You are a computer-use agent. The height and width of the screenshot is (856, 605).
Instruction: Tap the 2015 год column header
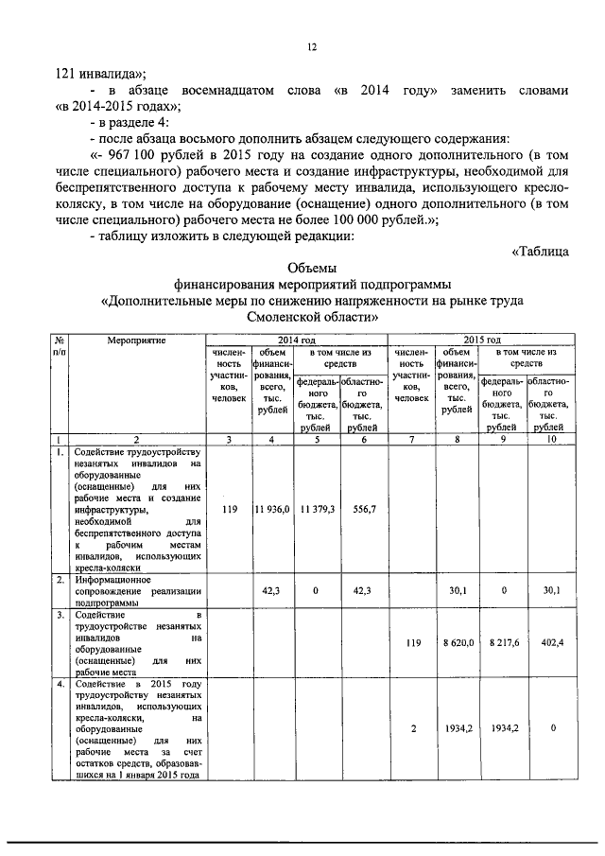pos(481,339)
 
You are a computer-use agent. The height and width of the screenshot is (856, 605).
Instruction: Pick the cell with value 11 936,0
pos(271,509)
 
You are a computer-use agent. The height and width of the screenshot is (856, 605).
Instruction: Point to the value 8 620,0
pos(458,642)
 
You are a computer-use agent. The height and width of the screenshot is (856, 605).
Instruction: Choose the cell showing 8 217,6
pos(503,642)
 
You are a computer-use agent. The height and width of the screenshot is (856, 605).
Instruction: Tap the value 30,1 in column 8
pos(458,590)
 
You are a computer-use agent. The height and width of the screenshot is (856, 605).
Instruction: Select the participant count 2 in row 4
pos(412,729)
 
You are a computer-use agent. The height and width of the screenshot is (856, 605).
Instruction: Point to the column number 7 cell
pos(412,439)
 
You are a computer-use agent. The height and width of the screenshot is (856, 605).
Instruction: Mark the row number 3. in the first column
pos(59,616)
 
